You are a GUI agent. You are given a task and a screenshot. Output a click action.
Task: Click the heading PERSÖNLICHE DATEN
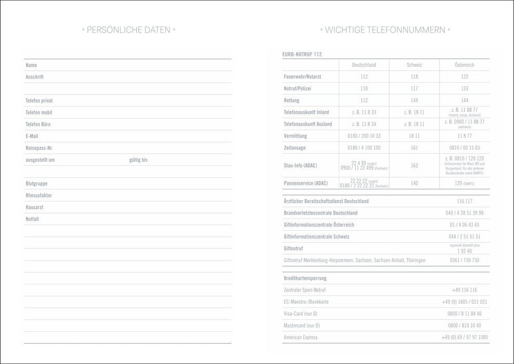pyautogui.click(x=128, y=30)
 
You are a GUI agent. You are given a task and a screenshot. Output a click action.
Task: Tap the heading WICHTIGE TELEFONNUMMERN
pyautogui.click(x=385, y=30)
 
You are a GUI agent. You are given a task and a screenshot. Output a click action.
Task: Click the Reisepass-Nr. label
pyautogui.click(x=39, y=148)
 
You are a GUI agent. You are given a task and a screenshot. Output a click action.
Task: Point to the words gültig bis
pyautogui.click(x=138, y=160)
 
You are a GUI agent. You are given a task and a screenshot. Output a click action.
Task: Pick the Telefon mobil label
pyautogui.click(x=39, y=112)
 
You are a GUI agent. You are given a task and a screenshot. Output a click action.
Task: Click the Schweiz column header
pyautogui.click(x=414, y=65)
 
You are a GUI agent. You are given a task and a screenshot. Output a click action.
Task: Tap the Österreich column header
pyautogui.click(x=464, y=65)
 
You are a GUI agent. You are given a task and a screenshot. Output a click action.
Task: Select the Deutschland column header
pyautogui.click(x=364, y=65)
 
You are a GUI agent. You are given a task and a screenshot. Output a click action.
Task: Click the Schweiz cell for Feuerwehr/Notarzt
pyautogui.click(x=414, y=77)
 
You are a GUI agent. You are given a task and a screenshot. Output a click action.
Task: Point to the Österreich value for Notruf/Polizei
pyautogui.click(x=464, y=89)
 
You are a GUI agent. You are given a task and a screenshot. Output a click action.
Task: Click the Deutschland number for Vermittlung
pyautogui.click(x=364, y=136)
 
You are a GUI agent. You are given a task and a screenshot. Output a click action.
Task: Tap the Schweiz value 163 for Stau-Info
pyautogui.click(x=414, y=166)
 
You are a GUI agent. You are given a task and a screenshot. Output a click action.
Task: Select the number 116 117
pyautogui.click(x=464, y=201)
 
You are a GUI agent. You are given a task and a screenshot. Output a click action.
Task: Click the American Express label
pyautogui.click(x=300, y=337)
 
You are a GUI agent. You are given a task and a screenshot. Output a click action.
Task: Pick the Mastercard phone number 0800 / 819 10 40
pyautogui.click(x=464, y=326)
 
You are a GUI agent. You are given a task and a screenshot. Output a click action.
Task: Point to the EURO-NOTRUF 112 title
pyautogui.click(x=302, y=54)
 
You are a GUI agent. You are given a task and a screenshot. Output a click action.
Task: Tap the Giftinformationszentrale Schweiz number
pyautogui.click(x=464, y=237)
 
